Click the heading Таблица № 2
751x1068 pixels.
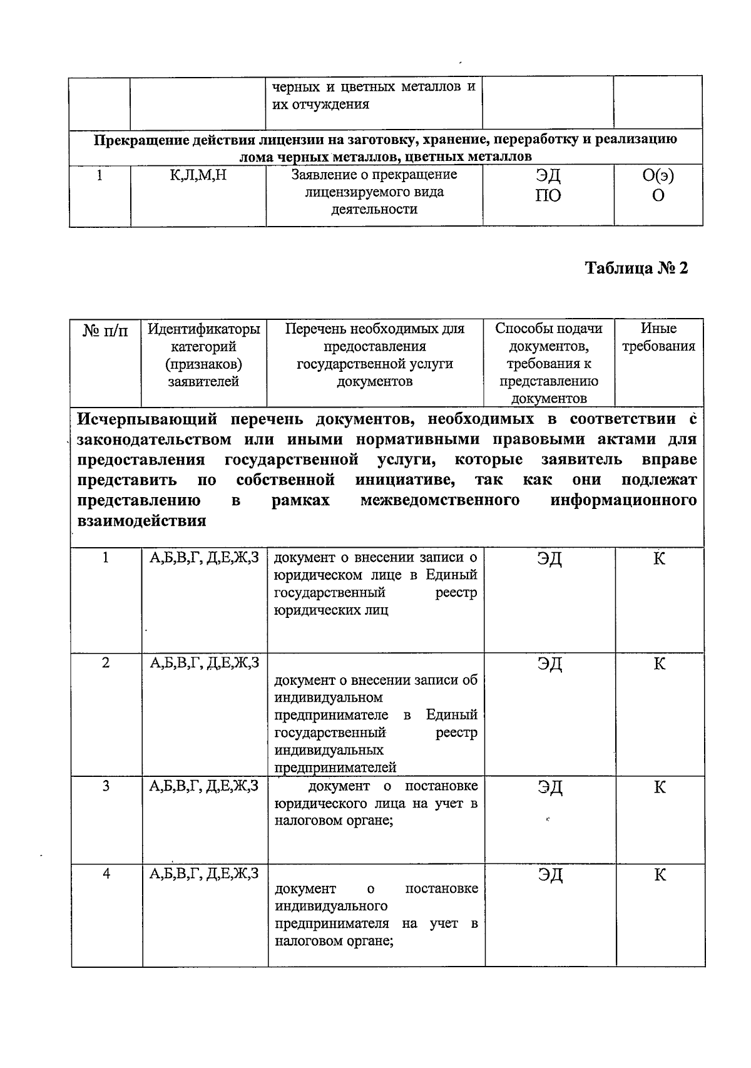pos(636,268)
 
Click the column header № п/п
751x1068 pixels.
pos(105,330)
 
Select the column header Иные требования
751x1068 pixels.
pos(658,337)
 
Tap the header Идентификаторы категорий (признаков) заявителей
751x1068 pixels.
pos(203,355)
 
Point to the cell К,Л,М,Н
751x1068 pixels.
pos(198,176)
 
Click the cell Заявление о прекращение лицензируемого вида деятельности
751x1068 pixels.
pos(374,192)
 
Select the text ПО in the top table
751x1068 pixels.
pos(548,196)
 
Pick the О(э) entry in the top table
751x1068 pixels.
pos(658,176)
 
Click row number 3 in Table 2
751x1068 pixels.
pos(106,786)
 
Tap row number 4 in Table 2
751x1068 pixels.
pos(106,874)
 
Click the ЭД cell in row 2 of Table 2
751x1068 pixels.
pos(549,664)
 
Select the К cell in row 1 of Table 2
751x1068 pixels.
pos(659,558)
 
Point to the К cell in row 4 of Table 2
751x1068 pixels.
pos(660,875)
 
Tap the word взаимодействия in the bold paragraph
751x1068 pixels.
pos(141,521)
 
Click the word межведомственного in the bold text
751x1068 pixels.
pos(439,501)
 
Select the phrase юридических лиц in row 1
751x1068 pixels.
pos(330,610)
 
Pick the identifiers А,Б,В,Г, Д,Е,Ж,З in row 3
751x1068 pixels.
pos(204,786)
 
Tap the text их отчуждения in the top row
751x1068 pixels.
pos(320,105)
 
